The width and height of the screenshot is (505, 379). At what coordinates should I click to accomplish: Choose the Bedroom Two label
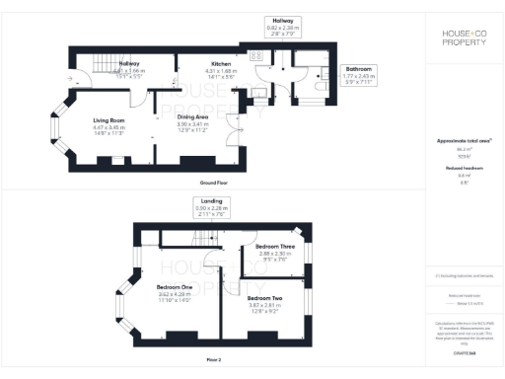pos(265,297)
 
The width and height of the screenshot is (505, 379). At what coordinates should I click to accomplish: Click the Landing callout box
pos(210,204)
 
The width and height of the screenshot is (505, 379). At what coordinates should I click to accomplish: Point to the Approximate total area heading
pos(464,141)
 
